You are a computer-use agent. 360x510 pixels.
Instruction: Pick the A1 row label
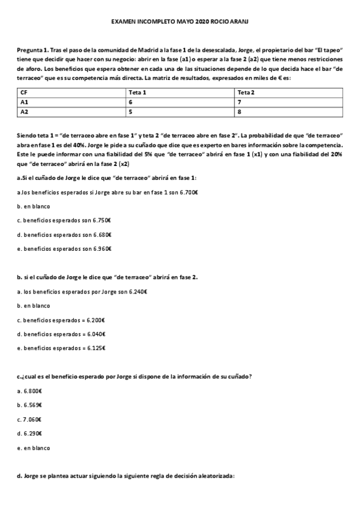click(25, 102)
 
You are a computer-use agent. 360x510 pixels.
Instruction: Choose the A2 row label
click(25, 111)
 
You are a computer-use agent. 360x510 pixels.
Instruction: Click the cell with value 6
click(130, 102)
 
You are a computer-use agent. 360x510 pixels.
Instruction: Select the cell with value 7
click(239, 102)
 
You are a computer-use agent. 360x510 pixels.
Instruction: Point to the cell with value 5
click(130, 111)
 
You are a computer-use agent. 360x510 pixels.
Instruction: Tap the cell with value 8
click(239, 111)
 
